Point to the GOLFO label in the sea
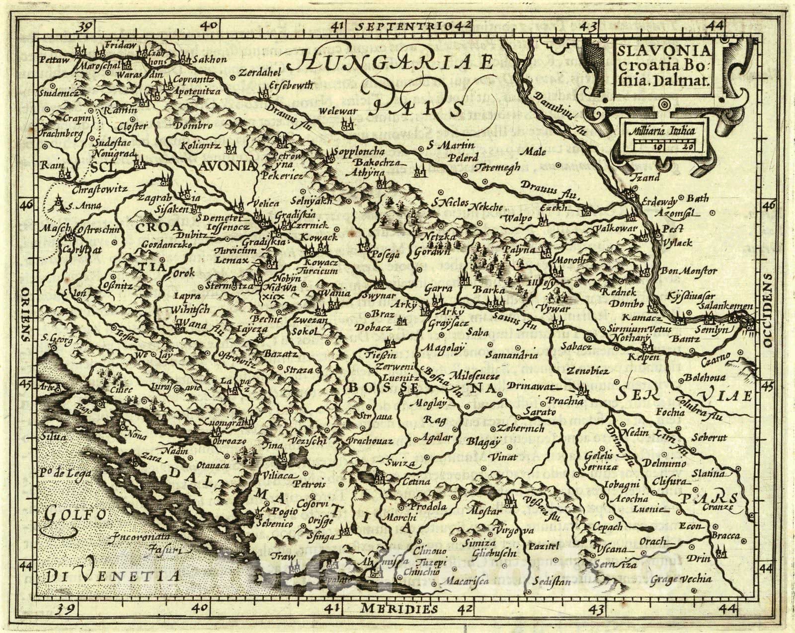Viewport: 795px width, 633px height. (x=75, y=515)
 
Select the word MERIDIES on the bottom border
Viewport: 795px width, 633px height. (x=399, y=609)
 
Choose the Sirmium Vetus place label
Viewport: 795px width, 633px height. (x=639, y=329)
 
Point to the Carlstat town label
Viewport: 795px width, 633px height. (x=75, y=250)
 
